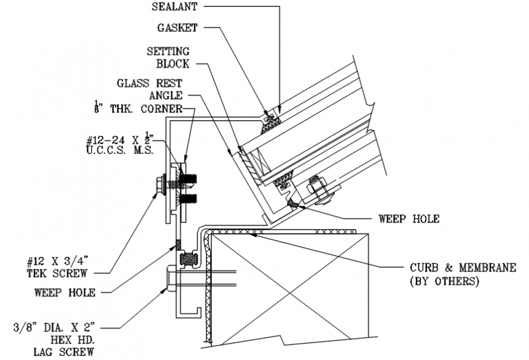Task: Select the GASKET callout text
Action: click(178, 27)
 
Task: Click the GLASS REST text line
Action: click(150, 83)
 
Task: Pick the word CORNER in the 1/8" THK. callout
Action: click(161, 109)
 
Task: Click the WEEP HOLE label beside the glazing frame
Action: click(408, 218)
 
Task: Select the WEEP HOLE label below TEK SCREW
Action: click(65, 292)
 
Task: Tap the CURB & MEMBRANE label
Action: click(463, 268)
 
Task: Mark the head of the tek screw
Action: click(162, 183)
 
